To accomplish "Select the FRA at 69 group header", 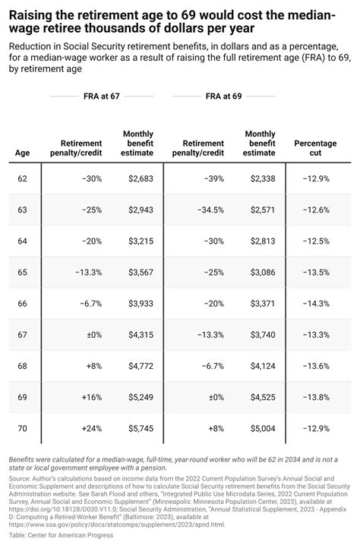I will tap(223, 96).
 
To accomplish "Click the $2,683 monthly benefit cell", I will tap(140, 178).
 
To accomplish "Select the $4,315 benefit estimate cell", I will tap(140, 334).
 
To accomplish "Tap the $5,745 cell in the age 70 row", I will tap(140, 428).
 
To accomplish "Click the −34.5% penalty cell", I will tap(208, 209).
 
